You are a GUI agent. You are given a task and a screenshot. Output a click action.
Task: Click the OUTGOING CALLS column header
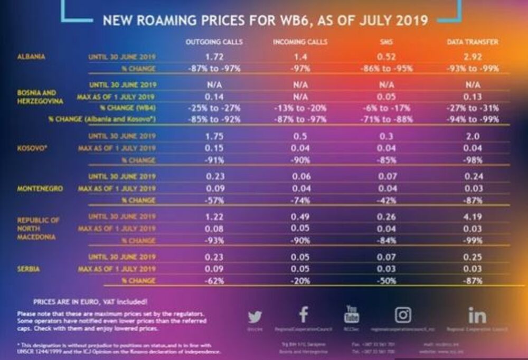214,42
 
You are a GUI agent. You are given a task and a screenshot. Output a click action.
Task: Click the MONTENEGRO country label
40,188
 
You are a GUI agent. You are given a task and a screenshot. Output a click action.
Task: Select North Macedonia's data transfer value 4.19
473,216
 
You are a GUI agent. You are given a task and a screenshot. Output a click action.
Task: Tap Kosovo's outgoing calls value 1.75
214,136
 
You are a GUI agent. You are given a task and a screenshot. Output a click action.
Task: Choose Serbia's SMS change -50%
385,281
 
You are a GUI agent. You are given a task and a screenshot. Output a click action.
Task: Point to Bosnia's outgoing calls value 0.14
214,96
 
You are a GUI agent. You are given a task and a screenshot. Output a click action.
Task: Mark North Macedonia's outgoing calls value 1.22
214,216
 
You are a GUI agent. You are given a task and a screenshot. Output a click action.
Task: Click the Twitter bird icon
254,317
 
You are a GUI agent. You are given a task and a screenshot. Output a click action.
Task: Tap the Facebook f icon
303,315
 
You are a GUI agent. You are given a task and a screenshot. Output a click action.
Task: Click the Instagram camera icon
403,315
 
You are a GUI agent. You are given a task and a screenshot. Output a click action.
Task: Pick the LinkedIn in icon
477,315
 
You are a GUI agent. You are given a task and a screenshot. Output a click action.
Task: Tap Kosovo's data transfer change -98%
473,159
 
